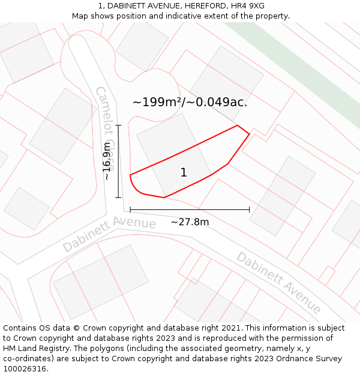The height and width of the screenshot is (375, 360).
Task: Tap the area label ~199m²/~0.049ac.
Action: [190, 102]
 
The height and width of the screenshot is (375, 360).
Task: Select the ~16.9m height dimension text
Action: [107, 161]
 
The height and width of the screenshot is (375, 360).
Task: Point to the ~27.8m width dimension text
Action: [190, 222]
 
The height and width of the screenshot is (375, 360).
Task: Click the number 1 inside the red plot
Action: [184, 173]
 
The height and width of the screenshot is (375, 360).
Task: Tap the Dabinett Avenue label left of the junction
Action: [109, 234]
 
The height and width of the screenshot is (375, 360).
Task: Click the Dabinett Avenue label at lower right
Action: [278, 283]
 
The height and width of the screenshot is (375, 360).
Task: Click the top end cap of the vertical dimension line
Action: [118, 125]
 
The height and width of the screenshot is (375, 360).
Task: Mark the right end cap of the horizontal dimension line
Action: [249, 210]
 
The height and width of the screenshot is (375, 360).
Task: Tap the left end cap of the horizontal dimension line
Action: [130, 210]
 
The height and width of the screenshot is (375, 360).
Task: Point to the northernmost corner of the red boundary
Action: [238, 125]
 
